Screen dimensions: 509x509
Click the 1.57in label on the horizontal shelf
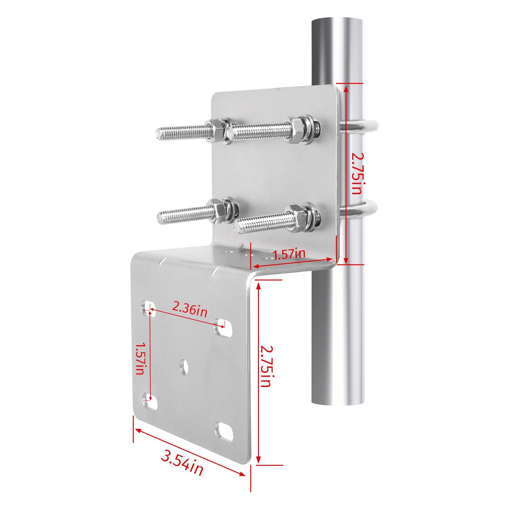(x=289, y=254)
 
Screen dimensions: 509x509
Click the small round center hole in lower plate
(x=184, y=366)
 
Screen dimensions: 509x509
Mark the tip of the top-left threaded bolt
(x=160, y=134)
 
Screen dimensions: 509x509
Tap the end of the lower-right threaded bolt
(x=238, y=228)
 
